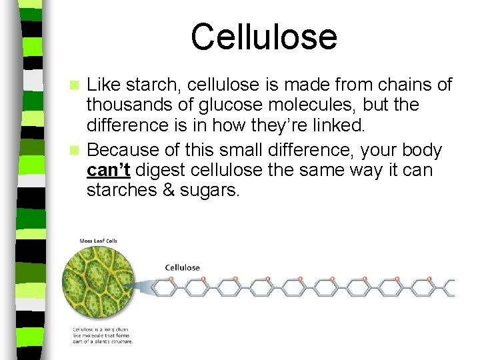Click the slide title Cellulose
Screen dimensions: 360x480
pos(263,37)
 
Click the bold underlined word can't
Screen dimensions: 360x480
pos(108,171)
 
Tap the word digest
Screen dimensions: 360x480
pos(158,171)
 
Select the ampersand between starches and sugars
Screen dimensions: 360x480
pos(169,191)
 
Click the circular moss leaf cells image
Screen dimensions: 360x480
pos(98,284)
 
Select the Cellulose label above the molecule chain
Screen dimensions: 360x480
pos(182,268)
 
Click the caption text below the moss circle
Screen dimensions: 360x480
pos(103,335)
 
